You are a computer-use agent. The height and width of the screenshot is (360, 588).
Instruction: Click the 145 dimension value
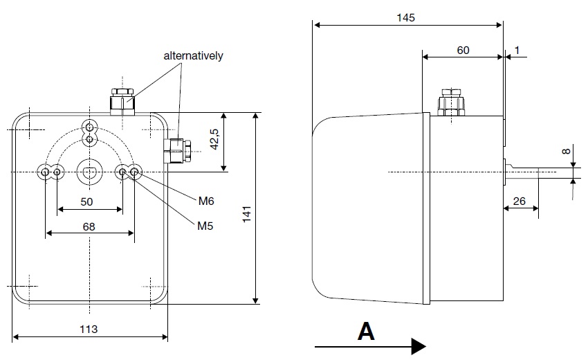pos(407,17)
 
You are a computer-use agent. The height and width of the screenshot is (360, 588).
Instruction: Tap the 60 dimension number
pos(463,50)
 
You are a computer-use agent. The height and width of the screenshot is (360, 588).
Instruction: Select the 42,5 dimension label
pos(214,141)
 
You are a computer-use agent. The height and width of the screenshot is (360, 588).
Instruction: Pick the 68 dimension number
pos(89,226)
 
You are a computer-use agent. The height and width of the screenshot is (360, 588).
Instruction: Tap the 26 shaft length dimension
pos(520,202)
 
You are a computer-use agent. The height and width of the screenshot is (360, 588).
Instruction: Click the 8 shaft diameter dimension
pos(564,151)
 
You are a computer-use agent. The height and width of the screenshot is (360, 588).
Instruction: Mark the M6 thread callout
pos(206,201)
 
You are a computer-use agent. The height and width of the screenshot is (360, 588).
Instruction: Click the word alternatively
pos(193,56)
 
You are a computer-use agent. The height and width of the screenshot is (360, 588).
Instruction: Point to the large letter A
pos(366,332)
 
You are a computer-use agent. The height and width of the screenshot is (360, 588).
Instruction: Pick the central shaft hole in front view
pos(89,171)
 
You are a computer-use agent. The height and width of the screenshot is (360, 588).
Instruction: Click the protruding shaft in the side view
pos(529,172)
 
